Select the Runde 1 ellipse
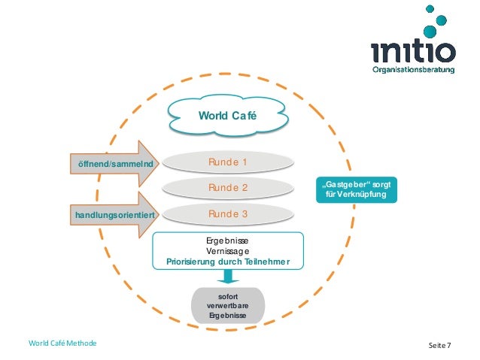pos(228,162)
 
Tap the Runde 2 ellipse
pos(228,187)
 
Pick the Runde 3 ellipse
pos(228,214)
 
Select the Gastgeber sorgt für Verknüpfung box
pos(355,189)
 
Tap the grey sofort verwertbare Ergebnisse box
pos(227,306)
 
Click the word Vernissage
pos(227,251)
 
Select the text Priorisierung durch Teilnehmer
pos(227,262)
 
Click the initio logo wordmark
pos(413,52)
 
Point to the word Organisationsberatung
pos(415,71)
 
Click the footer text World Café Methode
pos(63,344)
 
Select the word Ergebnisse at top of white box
pos(227,240)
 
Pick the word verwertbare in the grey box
pos(227,306)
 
